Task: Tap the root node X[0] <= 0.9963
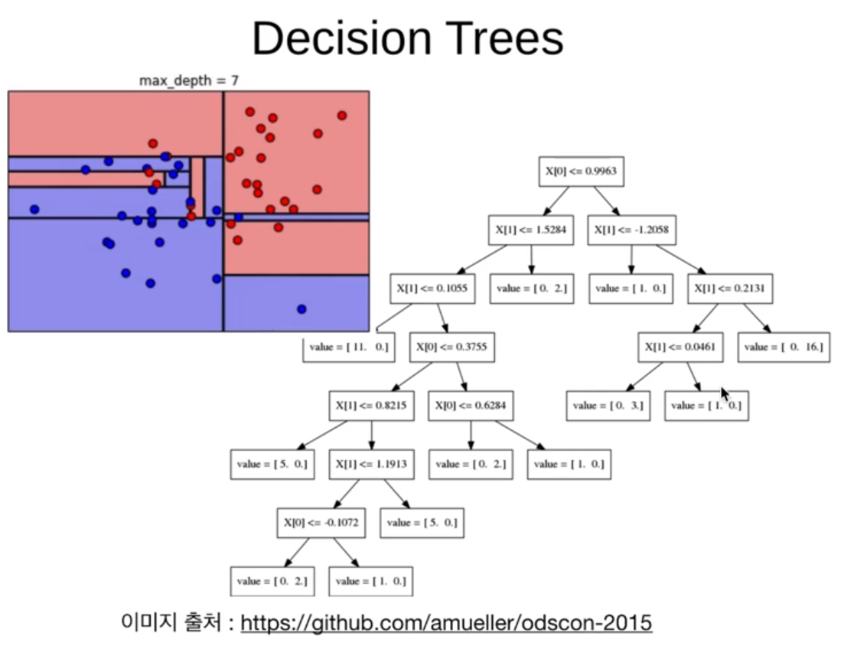(x=582, y=171)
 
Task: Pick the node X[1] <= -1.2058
(x=631, y=230)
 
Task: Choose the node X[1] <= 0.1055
(x=432, y=289)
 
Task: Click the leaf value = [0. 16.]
(x=784, y=347)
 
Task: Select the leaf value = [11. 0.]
(x=349, y=347)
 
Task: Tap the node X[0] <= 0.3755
(x=451, y=347)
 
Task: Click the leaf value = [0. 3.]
(x=608, y=406)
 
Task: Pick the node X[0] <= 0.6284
(x=471, y=406)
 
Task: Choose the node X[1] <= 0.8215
(x=372, y=406)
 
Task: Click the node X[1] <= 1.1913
(x=372, y=464)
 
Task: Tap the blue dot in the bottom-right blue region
(x=302, y=309)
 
